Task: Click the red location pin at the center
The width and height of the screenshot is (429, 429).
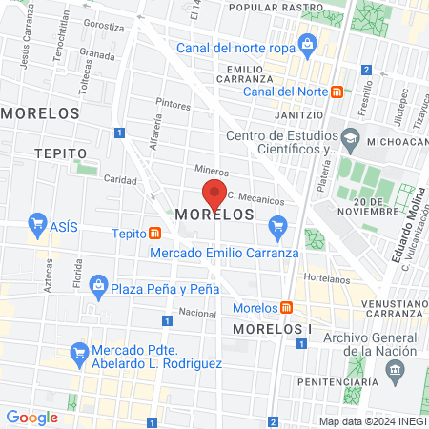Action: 215,193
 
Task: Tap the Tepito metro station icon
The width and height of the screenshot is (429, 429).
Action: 154,234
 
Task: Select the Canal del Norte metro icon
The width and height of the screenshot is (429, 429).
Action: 337,92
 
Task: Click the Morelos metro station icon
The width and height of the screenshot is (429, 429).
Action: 285,308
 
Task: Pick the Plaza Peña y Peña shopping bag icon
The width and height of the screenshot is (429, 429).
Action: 98,284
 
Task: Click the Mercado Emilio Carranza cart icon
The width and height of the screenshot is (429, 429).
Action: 278,226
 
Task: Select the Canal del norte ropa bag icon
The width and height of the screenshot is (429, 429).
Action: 307,43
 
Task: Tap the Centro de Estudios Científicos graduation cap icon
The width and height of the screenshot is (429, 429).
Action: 351,139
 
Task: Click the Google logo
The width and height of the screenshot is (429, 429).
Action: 31,417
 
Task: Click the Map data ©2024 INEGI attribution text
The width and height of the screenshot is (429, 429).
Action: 372,420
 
